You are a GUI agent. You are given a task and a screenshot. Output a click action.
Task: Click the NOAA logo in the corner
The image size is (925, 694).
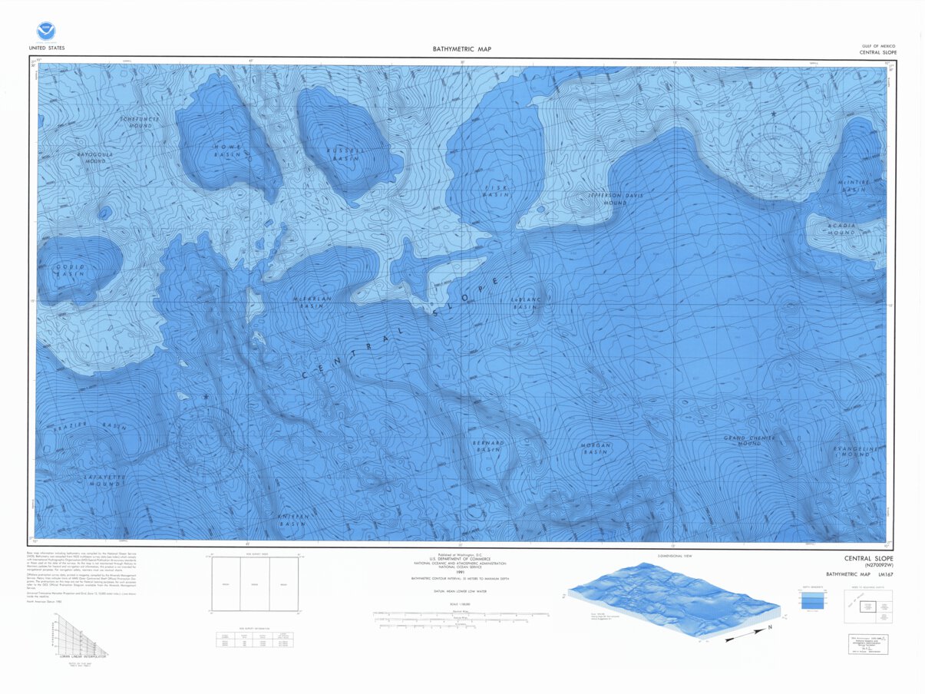47,31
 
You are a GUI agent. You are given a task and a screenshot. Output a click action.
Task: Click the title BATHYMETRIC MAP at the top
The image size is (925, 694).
462,49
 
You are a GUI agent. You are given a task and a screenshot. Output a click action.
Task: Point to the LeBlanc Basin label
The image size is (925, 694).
526,303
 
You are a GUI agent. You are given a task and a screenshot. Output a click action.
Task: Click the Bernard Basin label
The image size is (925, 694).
488,446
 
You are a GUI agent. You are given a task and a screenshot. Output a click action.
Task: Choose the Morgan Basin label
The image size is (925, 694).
595,448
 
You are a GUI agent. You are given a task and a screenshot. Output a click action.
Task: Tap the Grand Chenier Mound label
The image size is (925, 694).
749,441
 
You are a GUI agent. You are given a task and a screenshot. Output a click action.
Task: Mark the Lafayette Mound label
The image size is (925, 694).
103,481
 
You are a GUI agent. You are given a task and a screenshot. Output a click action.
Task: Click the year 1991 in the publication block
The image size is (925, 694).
462,571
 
